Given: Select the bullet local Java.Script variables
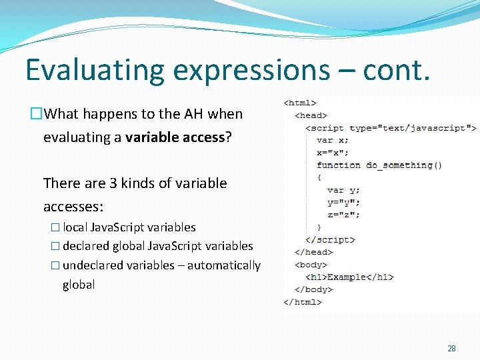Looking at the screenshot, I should tap(129, 227).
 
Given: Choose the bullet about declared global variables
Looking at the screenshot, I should tap(158, 246).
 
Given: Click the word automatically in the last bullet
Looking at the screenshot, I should tap(224, 265).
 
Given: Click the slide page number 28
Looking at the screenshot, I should tap(451, 349).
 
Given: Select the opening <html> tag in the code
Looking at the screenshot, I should tap(300, 103).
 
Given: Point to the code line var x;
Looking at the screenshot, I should tap(332, 140).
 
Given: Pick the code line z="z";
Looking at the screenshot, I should tap(343, 215).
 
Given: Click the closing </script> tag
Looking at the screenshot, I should tap(329, 240).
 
